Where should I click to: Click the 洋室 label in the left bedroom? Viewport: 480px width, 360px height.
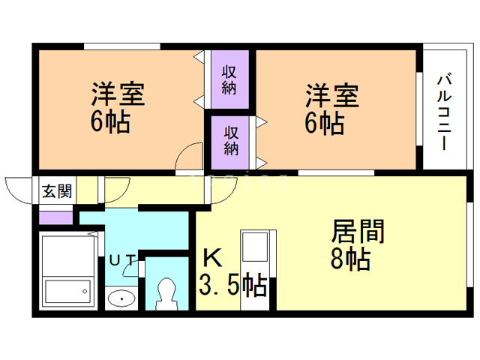click(118, 95)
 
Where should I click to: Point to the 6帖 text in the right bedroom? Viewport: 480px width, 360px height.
click(324, 121)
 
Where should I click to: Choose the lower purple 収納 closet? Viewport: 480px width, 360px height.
click(232, 139)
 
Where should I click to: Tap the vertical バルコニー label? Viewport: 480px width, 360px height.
click(443, 112)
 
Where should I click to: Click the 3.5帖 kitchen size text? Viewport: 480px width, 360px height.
click(232, 286)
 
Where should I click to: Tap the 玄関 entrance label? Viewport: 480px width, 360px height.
click(57, 190)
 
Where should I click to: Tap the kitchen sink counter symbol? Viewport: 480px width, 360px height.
click(255, 255)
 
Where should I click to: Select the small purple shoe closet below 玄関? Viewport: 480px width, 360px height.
click(55, 218)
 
